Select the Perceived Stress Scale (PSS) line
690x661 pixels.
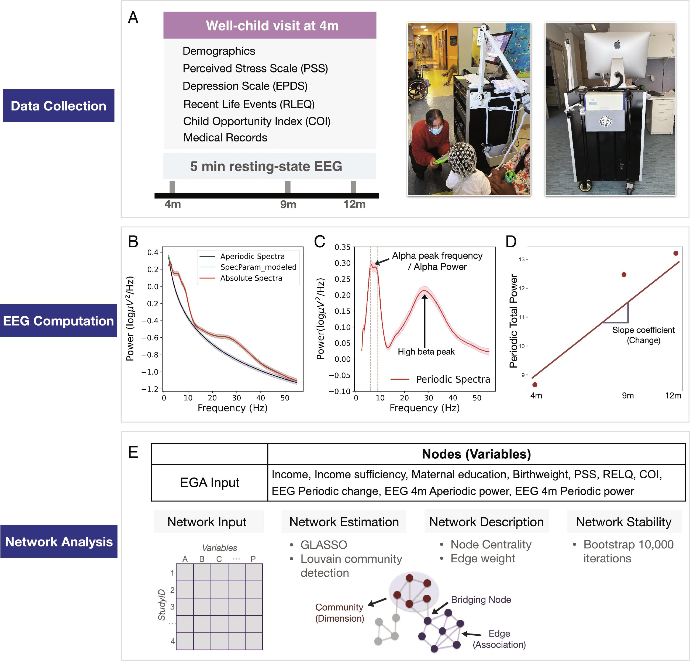point(255,68)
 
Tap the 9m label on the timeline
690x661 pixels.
point(288,205)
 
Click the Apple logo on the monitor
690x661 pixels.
point(616,45)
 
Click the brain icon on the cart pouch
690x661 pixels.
point(606,122)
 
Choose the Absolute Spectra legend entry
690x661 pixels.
point(251,278)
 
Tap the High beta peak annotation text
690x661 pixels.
point(426,352)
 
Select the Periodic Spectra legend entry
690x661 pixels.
point(453,379)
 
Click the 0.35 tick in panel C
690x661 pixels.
point(342,247)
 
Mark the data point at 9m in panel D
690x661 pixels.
point(624,275)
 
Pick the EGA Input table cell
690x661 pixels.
point(209,482)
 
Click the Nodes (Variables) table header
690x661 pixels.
point(476,454)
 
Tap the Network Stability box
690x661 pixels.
point(623,522)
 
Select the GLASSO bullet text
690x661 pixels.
point(323,545)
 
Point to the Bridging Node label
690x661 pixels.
point(481,599)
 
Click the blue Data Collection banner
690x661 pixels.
point(58,106)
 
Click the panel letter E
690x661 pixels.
point(133,452)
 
